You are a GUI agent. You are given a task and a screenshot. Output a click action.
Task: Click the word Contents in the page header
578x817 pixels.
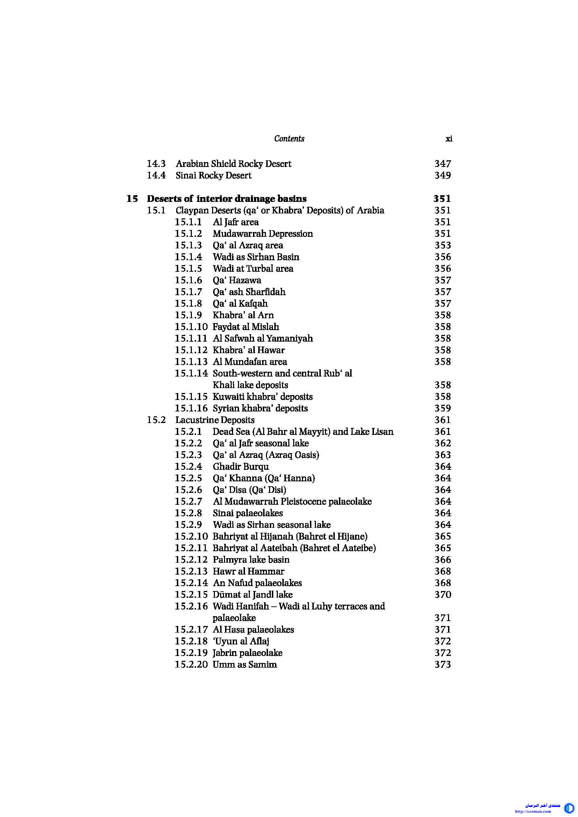(x=289, y=138)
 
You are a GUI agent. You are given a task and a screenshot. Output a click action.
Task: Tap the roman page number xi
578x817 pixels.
(x=449, y=139)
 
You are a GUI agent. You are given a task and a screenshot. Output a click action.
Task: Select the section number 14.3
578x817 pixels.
(x=156, y=164)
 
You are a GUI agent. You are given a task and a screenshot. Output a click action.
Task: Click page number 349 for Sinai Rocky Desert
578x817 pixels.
(x=442, y=175)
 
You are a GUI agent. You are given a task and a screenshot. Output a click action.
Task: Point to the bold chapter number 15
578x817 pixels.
(x=132, y=198)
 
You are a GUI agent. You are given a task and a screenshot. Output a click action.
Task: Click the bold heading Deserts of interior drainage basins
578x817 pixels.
(x=227, y=198)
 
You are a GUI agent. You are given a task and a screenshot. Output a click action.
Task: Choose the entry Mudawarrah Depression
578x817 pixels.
(x=263, y=234)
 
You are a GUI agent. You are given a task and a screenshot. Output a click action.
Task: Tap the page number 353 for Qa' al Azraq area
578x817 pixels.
(x=442, y=246)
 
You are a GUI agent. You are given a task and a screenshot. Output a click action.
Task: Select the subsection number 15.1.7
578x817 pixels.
(x=188, y=292)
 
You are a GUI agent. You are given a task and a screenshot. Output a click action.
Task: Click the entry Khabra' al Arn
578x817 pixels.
(x=243, y=315)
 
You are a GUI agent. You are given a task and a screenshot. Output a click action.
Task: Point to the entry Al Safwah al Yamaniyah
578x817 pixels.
(x=263, y=338)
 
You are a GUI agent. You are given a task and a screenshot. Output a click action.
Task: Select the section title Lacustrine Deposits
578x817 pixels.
(x=215, y=420)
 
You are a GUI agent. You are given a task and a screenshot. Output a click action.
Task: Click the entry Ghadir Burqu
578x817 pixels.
(x=240, y=467)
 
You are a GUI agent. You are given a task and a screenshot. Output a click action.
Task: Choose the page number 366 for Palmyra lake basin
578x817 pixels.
(x=442, y=560)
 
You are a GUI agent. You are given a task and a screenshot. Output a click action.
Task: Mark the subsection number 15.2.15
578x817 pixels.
(x=191, y=594)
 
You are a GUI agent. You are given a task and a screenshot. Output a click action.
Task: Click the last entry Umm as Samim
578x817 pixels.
(x=245, y=665)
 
